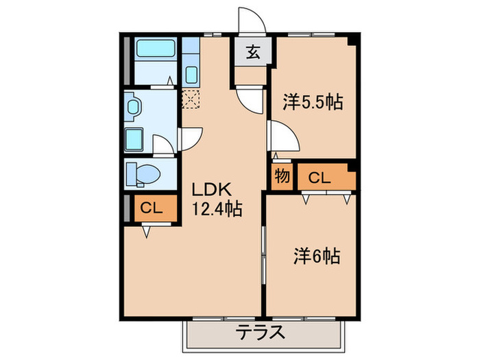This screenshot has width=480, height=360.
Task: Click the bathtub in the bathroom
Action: [x=155, y=50]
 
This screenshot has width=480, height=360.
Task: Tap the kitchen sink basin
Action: [x=191, y=75]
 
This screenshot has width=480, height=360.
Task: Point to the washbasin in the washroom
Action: [x=134, y=106]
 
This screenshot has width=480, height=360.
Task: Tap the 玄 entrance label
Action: [x=253, y=52]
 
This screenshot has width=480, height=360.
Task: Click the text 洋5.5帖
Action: [x=313, y=103]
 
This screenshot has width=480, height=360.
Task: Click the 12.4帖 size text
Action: [x=215, y=210]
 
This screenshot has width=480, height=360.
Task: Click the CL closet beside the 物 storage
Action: [x=320, y=178]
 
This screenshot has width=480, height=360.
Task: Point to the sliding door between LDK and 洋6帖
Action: [x=263, y=254]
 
